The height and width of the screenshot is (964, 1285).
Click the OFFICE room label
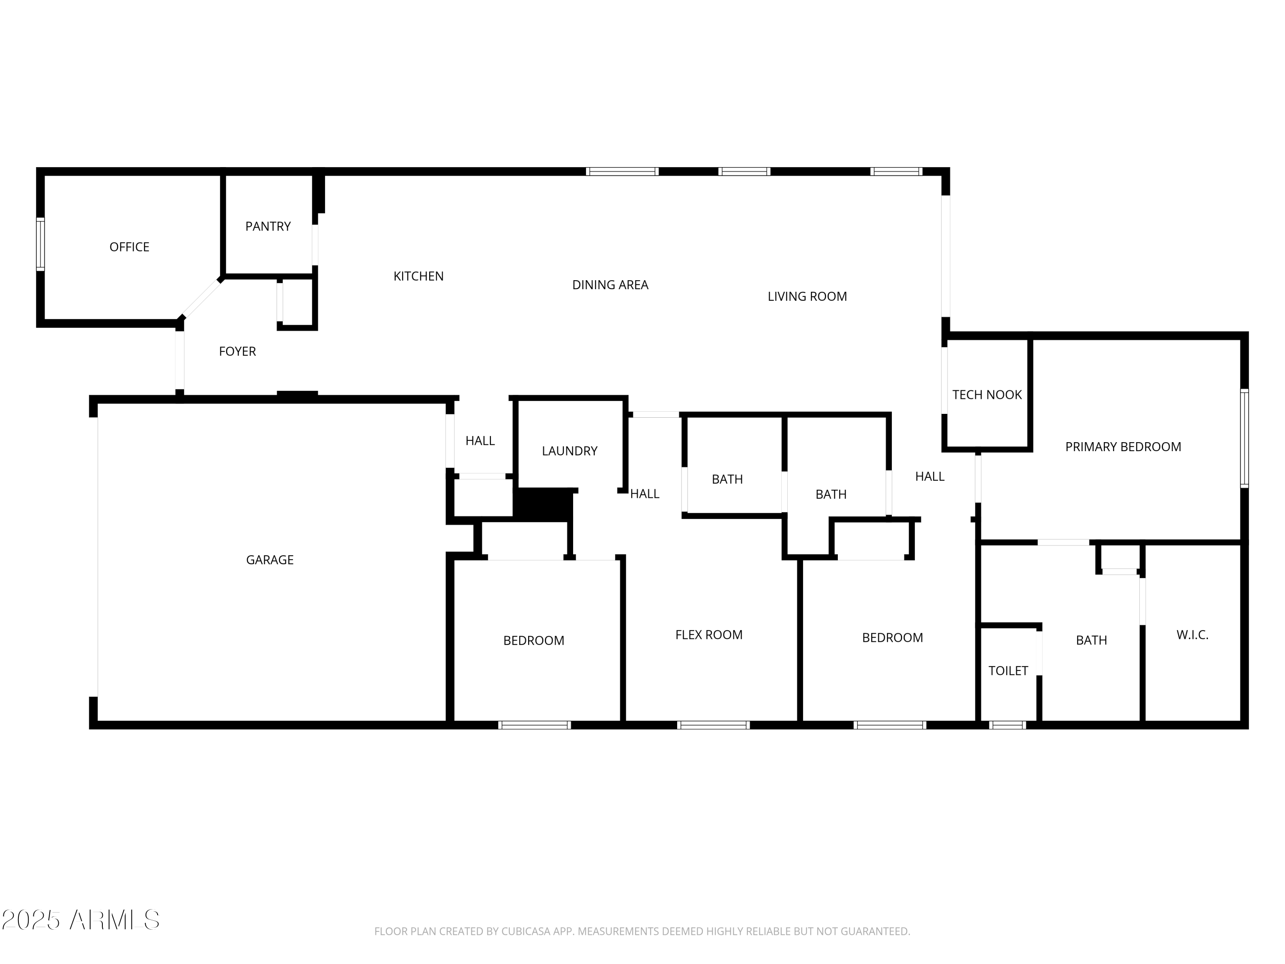pyautogui.click(x=129, y=247)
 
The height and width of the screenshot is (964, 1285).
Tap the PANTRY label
pyautogui.click(x=268, y=226)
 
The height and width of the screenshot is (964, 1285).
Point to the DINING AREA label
pyautogui.click(x=610, y=285)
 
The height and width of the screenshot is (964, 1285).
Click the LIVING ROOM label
pyautogui.click(x=807, y=296)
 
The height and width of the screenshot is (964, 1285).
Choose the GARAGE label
pyautogui.click(x=269, y=560)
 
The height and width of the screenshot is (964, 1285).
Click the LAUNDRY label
pyautogui.click(x=569, y=451)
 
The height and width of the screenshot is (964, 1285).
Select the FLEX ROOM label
pyautogui.click(x=709, y=635)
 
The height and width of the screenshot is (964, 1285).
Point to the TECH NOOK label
pyautogui.click(x=986, y=395)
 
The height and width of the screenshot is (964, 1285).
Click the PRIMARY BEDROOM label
pyautogui.click(x=1123, y=447)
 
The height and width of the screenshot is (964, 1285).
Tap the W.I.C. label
pyautogui.click(x=1192, y=635)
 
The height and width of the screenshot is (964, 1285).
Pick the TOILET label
pyautogui.click(x=1008, y=671)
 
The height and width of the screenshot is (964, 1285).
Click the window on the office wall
pyautogui.click(x=40, y=244)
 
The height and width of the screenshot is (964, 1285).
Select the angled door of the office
pyautogui.click(x=201, y=299)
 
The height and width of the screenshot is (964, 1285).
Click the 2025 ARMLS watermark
pyautogui.click(x=81, y=920)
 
